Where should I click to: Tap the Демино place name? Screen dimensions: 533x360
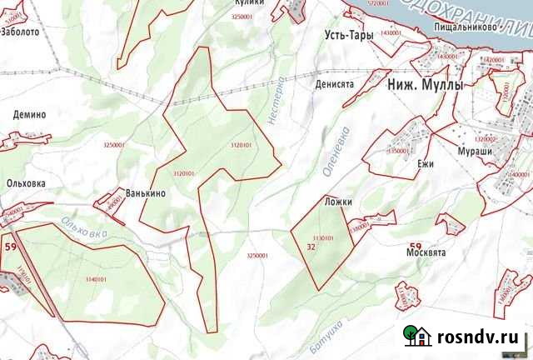[x=29, y=115]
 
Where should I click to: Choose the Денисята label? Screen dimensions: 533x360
[x=336, y=84]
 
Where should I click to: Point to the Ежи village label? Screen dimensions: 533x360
[x=426, y=164]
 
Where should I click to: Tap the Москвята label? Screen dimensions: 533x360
[x=428, y=252]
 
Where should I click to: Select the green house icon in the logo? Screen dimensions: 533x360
[x=416, y=335]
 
